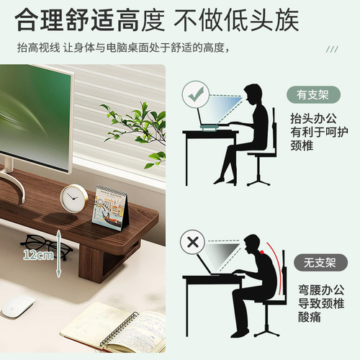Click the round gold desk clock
pyautogui.click(x=74, y=199)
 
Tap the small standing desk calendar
pyautogui.click(x=111, y=208)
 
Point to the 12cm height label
pyautogui.click(x=38, y=255)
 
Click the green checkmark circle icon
pyautogui.click(x=196, y=95)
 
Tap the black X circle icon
pyautogui.click(x=193, y=243)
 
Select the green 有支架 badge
pyautogui.click(x=313, y=94)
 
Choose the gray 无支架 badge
pyautogui.click(x=320, y=262)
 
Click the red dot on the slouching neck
pyautogui.click(x=262, y=252)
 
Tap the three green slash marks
pyautogui.click(x=333, y=49)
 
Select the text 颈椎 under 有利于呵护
pyautogui.click(x=302, y=145)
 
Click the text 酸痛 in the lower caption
pyautogui.click(x=310, y=316)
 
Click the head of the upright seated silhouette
pyautogui.click(x=253, y=94)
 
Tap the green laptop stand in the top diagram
pyautogui.click(x=210, y=127)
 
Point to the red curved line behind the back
pyautogui.click(x=276, y=268)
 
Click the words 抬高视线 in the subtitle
pyautogui.click(x=38, y=48)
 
